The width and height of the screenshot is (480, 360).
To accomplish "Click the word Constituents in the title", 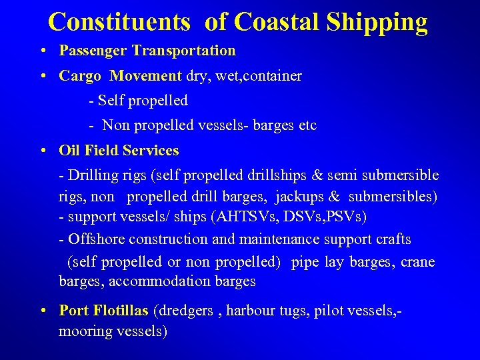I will coord(119,22).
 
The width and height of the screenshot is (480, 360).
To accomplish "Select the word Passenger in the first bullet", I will coord(93,51).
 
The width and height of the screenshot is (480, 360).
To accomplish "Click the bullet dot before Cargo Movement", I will coord(42,76).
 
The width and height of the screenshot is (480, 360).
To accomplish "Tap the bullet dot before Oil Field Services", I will coord(42,151).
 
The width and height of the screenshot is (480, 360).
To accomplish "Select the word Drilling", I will coord(92,175).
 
